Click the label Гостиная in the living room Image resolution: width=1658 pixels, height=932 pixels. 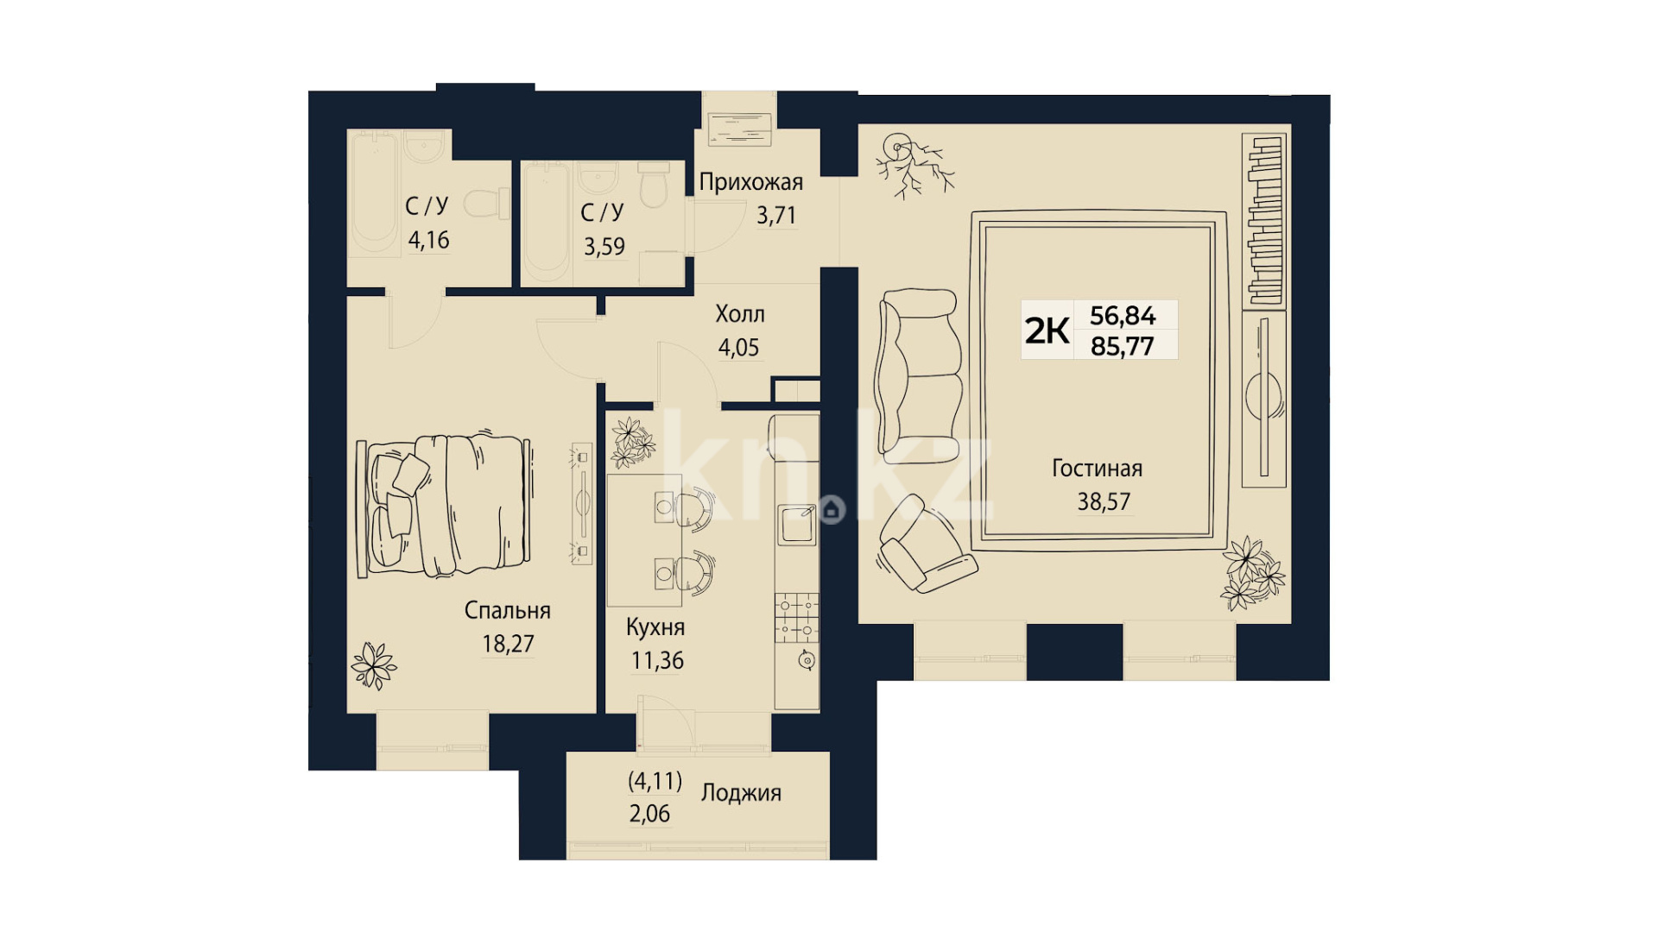[1097, 469]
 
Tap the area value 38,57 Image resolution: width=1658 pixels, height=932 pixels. [1104, 501]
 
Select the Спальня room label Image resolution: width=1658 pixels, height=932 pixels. [507, 611]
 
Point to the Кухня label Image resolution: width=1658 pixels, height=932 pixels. [655, 627]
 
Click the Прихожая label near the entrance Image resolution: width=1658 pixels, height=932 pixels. [751, 182]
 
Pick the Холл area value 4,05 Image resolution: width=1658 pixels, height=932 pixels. [738, 348]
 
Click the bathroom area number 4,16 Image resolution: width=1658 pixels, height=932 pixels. [429, 240]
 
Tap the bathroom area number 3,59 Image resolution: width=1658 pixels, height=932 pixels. [604, 247]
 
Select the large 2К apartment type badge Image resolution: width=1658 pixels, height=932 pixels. [1047, 331]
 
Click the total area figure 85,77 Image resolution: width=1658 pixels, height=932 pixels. [1123, 346]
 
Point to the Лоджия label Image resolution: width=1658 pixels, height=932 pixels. [741, 793]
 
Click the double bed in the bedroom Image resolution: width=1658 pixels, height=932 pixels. [444, 506]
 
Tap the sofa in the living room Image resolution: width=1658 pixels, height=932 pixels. [919, 375]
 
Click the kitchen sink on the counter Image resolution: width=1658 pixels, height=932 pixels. [796, 524]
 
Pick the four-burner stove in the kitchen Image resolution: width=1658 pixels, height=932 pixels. [796, 617]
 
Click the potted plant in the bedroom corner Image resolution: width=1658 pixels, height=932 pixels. [374, 665]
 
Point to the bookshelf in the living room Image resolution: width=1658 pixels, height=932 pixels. [1264, 221]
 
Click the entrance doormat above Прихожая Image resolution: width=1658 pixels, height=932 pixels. [739, 129]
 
